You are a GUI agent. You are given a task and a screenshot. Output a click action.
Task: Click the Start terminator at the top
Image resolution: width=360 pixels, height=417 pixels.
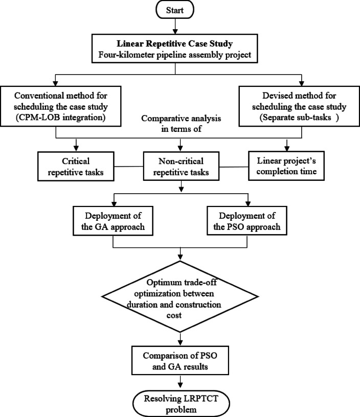click(x=175, y=10)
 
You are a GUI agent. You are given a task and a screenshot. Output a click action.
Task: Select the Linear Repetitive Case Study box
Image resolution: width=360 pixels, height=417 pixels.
click(x=175, y=49)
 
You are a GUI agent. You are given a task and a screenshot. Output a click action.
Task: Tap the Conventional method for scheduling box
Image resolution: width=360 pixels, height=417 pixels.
click(x=61, y=106)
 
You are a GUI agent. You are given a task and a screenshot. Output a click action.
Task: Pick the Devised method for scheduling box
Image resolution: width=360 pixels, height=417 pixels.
click(x=299, y=106)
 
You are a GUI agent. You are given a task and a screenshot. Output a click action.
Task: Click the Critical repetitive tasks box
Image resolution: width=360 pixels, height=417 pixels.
click(x=76, y=167)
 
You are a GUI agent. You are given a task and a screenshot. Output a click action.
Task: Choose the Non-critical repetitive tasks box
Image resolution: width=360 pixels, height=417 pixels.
click(x=181, y=166)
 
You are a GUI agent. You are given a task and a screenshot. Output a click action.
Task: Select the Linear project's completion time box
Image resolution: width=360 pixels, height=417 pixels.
click(x=286, y=166)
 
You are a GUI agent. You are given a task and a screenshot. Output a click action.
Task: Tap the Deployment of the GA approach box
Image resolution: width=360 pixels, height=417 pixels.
click(x=113, y=221)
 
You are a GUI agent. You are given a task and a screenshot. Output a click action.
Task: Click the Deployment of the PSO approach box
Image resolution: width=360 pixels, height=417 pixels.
click(x=247, y=221)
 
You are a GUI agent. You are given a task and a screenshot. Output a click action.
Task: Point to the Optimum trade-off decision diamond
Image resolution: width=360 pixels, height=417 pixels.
click(x=180, y=296)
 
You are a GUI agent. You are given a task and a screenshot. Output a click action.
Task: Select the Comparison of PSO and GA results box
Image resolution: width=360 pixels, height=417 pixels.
click(x=180, y=361)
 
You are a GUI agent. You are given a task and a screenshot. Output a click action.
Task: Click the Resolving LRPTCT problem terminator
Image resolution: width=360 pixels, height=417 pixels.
click(x=181, y=403)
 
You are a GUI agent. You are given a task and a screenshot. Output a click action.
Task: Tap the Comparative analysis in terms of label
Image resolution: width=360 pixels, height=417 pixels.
click(x=181, y=123)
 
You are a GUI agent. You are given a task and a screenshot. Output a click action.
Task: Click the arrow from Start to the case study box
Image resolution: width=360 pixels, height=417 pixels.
click(x=175, y=26)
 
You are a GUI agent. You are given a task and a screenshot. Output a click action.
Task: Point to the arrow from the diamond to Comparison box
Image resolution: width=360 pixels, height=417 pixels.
click(x=181, y=339)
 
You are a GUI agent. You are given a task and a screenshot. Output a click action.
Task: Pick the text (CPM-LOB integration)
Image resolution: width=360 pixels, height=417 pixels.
click(x=61, y=118)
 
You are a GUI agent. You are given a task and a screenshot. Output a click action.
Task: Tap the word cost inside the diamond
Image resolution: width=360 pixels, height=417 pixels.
click(x=174, y=315)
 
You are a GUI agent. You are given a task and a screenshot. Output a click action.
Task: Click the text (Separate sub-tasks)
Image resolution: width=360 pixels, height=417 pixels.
click(x=299, y=118)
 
